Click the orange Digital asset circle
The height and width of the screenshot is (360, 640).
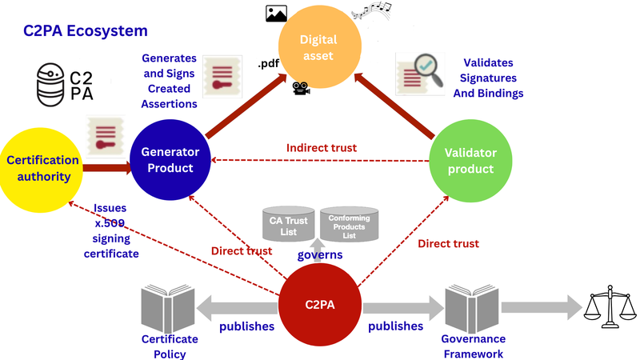(319, 46)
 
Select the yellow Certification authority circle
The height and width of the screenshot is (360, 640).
(41, 170)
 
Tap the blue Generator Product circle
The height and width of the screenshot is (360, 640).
(170, 159)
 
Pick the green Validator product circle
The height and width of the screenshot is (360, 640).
(470, 161)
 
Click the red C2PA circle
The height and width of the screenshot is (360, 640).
(320, 305)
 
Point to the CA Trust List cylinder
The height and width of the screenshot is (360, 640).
(288, 223)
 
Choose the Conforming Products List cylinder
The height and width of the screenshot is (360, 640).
(349, 224)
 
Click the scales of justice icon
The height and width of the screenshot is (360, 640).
(610, 306)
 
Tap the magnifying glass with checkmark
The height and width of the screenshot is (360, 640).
(429, 70)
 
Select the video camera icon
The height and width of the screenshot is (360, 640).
(302, 88)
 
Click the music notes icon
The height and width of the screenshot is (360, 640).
(371, 10)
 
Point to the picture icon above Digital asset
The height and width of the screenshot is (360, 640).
(276, 14)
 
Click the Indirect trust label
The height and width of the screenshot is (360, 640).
(322, 148)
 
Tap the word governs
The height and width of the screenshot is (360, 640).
(320, 255)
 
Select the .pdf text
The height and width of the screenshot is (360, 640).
(269, 64)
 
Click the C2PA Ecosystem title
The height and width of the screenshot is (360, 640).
(86, 31)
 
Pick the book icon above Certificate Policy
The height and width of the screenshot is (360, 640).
(168, 308)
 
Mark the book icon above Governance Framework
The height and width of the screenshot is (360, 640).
(472, 308)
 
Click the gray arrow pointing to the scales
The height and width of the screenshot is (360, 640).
(542, 307)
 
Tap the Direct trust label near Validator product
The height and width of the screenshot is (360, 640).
(448, 244)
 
